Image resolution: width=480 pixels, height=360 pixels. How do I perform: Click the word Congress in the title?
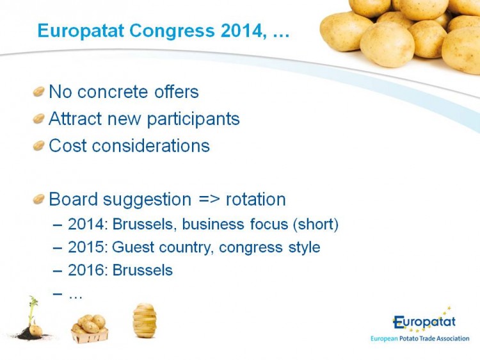(172, 31)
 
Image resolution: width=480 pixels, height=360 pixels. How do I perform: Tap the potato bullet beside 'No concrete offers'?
(39, 92)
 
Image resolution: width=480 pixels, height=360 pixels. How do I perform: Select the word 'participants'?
(193, 119)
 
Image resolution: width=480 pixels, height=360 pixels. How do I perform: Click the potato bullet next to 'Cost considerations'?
(39, 145)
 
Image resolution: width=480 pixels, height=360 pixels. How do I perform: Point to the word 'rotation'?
(255, 199)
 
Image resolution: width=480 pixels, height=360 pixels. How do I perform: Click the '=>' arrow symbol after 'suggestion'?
(209, 199)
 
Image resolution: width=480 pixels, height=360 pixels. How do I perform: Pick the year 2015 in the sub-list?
(86, 247)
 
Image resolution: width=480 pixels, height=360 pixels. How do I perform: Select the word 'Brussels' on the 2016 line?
(142, 270)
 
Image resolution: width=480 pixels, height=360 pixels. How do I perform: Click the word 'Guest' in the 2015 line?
(133, 247)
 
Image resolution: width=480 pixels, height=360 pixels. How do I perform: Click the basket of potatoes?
(90, 329)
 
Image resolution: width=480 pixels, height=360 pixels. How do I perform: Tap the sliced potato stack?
(145, 320)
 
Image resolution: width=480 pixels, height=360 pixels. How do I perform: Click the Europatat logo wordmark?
(424, 322)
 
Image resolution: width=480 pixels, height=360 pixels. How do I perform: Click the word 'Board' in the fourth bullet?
(73, 199)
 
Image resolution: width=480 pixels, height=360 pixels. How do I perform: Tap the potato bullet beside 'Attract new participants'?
(39, 119)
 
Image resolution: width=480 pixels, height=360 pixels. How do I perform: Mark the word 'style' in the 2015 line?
(304, 247)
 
